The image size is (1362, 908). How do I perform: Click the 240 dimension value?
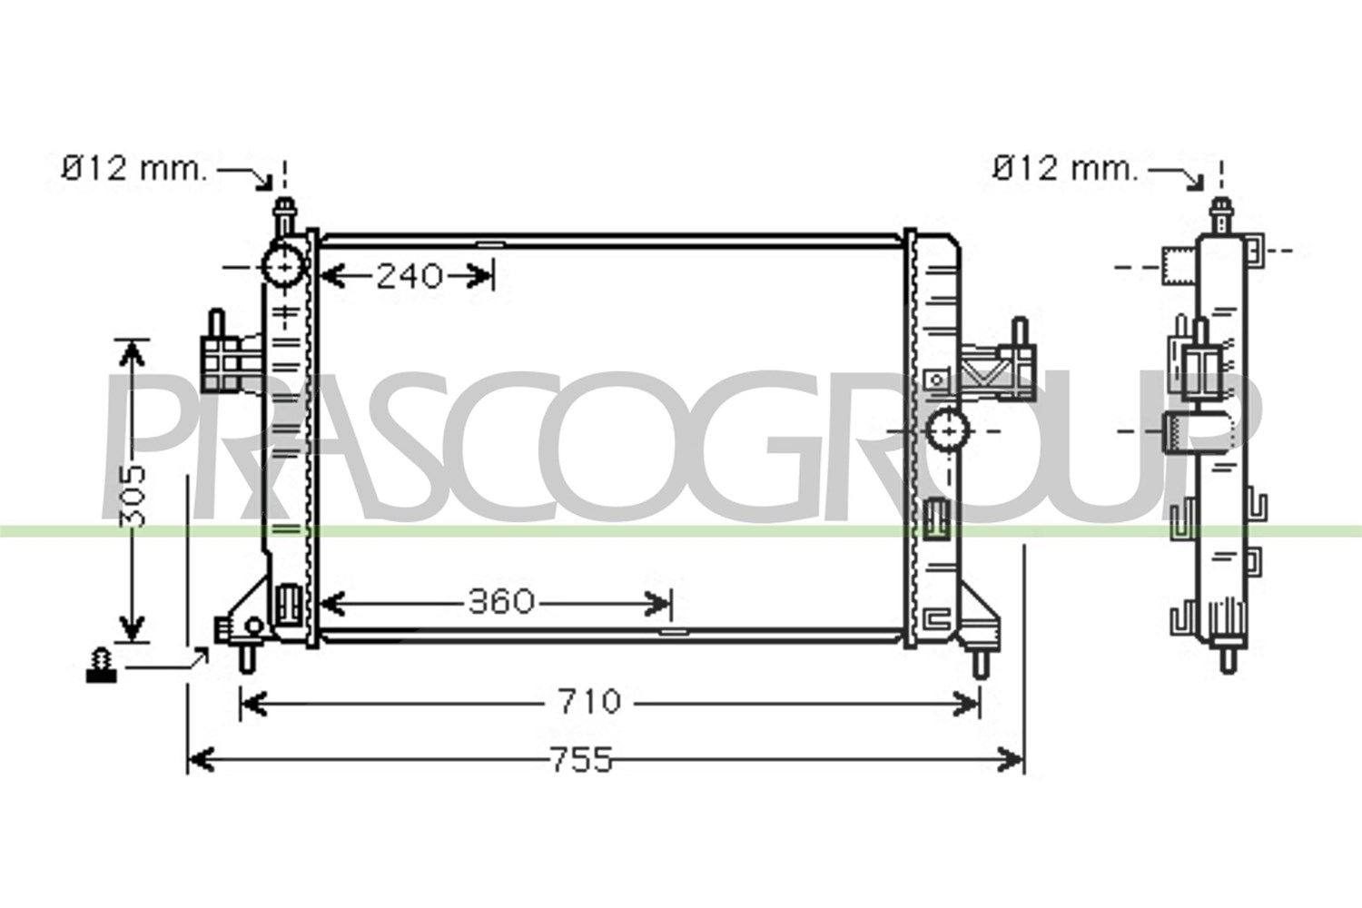410,277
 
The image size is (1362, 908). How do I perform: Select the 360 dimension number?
501,601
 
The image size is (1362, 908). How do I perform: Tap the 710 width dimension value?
590,701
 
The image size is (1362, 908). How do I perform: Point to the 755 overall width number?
581,760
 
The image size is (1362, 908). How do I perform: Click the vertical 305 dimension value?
133,496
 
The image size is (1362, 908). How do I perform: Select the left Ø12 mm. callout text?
133,169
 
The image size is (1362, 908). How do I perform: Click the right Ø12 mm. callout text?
1064,169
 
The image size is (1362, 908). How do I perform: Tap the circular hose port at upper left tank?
283,266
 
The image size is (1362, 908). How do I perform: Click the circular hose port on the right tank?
949,431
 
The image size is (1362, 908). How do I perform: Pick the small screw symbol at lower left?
102,666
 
